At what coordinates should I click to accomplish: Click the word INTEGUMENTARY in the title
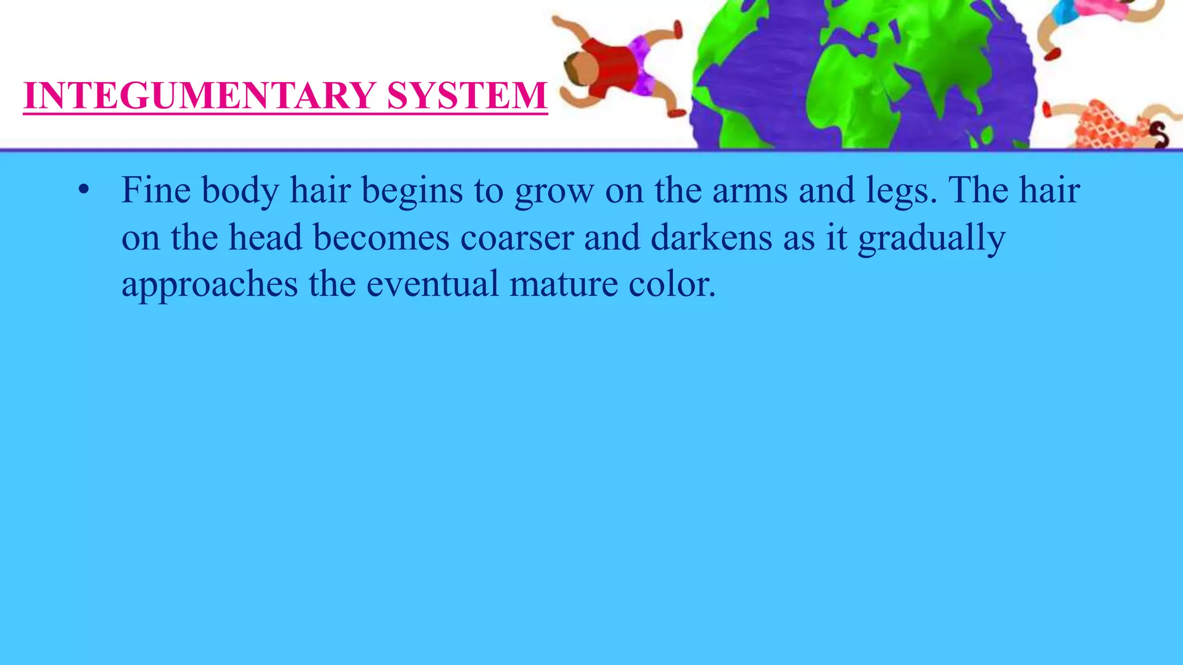[200, 95]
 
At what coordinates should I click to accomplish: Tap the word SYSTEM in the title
[467, 95]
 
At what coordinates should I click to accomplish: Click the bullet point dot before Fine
[84, 190]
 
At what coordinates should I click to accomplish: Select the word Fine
[155, 190]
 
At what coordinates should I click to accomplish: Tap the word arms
[749, 190]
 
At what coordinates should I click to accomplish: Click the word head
[265, 237]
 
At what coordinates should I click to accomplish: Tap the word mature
[563, 284]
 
